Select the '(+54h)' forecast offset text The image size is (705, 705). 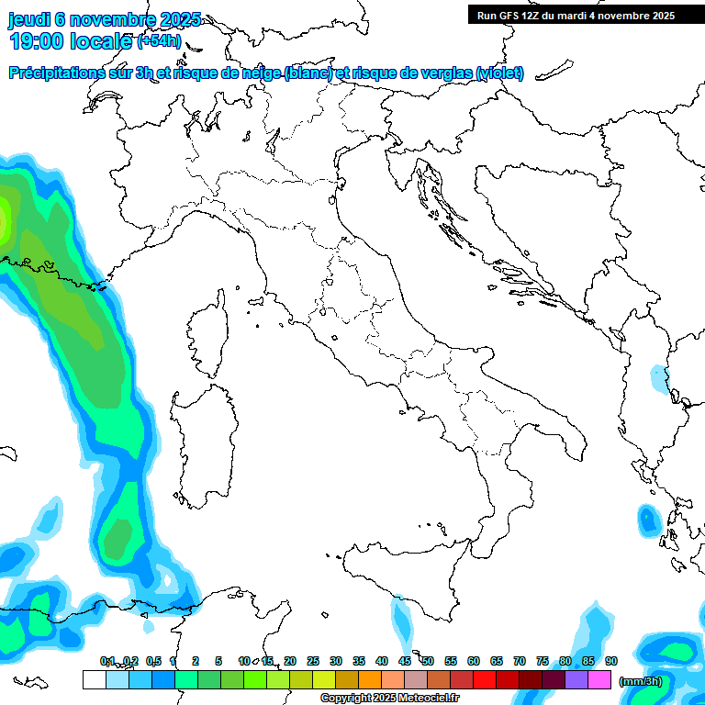(x=160, y=41)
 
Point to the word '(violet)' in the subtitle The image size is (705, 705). (x=500, y=73)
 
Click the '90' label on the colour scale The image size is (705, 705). (x=611, y=661)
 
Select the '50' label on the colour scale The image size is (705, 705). (x=428, y=661)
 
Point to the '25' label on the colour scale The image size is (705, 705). (x=313, y=661)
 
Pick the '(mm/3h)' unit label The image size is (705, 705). (x=641, y=681)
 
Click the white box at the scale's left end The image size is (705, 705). (x=94, y=679)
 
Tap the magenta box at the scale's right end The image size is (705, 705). (x=599, y=679)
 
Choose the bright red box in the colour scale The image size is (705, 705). (x=485, y=679)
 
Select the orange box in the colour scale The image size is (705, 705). (x=370, y=679)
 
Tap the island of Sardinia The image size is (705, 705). (x=204, y=437)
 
